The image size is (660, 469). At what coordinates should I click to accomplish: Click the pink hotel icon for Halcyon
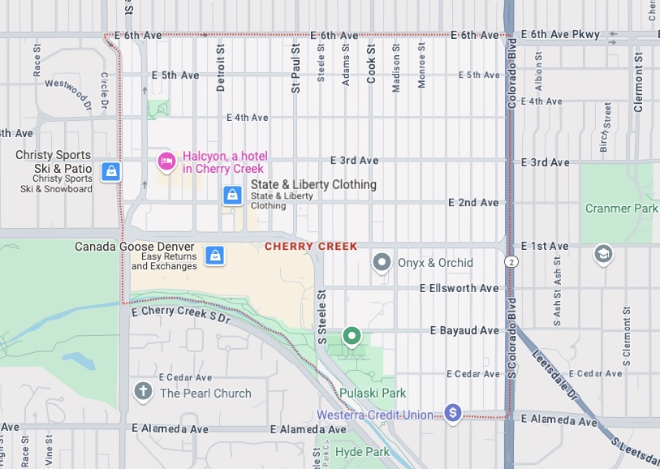166,161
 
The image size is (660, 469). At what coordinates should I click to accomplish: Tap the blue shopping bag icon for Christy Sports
111,171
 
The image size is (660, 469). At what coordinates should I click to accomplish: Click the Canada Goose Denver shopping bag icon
215,256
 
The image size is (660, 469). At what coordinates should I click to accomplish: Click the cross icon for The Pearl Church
144,393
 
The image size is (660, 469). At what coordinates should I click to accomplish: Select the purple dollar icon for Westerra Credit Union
452,414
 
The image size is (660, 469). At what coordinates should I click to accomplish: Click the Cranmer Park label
621,209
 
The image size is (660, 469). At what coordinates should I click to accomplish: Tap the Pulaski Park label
373,393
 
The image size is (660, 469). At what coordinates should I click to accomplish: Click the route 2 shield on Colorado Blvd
511,261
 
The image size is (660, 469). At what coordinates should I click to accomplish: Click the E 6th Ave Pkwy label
560,35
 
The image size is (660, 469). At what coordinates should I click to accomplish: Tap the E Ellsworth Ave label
459,288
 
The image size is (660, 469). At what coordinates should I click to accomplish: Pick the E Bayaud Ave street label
464,330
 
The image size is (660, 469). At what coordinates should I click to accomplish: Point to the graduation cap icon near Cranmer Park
602,255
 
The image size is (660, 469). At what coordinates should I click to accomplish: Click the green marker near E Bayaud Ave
352,334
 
